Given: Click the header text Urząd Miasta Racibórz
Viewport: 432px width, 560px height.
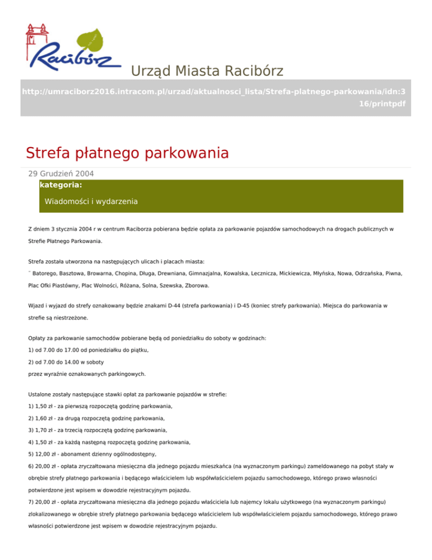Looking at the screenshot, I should coord(206,71).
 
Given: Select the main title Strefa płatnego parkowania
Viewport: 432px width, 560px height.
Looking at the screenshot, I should coord(127,153).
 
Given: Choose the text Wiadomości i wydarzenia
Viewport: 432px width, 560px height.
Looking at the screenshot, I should coord(91,201).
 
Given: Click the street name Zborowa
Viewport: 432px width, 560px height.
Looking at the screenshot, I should coord(197,286).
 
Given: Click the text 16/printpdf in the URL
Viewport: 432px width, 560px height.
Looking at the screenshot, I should coord(382,104).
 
